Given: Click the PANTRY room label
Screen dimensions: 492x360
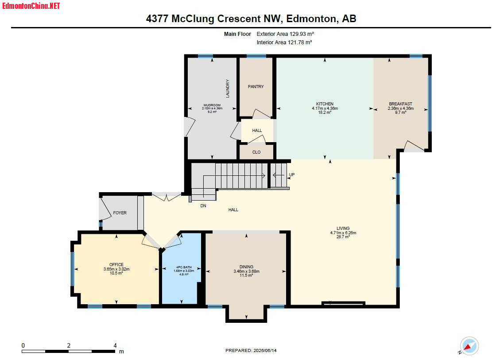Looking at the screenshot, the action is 256,87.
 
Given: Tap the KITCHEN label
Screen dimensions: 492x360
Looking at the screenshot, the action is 325,104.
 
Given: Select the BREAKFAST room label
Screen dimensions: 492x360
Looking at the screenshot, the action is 401,104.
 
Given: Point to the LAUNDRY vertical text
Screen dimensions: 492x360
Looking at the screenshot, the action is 228,89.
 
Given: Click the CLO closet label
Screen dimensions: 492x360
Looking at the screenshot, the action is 256,152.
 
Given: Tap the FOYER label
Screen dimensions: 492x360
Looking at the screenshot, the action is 120,213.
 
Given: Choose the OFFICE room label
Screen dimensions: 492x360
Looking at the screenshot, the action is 116,265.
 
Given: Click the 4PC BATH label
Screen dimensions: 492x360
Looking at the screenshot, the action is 184,267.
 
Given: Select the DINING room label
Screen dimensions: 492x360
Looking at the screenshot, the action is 246,267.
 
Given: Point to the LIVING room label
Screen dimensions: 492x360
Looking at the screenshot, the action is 343,228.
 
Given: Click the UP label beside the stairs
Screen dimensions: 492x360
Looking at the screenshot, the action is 292,175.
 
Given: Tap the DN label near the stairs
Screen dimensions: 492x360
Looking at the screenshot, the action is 203,206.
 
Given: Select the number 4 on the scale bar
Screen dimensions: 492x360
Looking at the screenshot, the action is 115,345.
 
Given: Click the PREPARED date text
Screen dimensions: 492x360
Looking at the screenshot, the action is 251,351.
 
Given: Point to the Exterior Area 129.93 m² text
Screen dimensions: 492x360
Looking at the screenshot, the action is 285,34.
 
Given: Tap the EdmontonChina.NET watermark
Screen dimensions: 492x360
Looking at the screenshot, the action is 31,6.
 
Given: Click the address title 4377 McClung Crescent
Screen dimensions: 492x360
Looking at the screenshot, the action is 251,19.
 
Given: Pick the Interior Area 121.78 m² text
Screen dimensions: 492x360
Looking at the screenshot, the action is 284,43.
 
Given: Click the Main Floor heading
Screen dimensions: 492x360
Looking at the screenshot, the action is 237,34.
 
